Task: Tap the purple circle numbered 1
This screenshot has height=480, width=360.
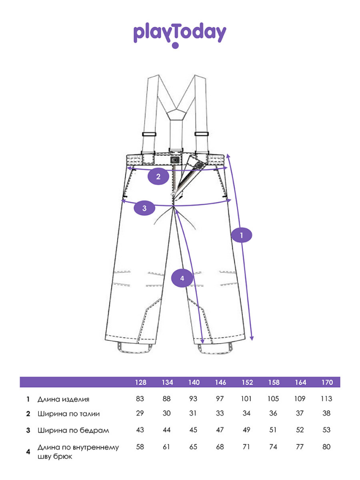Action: point(242,235)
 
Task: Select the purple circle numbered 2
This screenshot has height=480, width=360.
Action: point(158,177)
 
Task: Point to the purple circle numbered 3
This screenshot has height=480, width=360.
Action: point(145,208)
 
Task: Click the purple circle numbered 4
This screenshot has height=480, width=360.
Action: point(182,279)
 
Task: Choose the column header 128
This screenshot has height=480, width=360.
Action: point(141,382)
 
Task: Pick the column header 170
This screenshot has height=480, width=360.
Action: point(327,382)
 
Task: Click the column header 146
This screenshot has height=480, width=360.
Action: point(220,382)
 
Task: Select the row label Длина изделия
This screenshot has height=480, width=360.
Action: point(63,399)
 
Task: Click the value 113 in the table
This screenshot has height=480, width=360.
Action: point(327,399)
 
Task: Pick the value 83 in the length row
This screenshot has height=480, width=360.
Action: point(140,399)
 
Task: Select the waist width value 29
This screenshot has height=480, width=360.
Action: point(140,414)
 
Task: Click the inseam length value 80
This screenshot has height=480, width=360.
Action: point(327,447)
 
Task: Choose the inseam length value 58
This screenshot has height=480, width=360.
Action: point(140,447)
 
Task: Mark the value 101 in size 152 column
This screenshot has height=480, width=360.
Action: point(247,399)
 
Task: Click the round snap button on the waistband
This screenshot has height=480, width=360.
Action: point(174,160)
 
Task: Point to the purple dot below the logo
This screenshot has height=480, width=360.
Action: point(175,46)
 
